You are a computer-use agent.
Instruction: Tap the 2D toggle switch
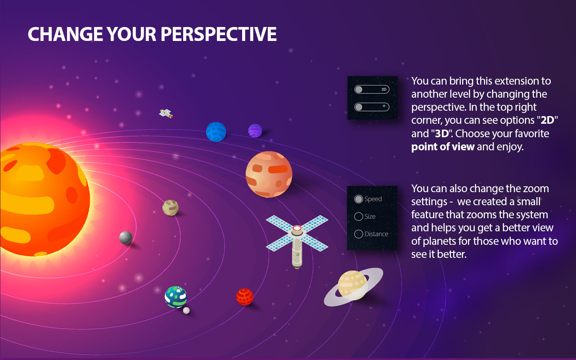(x=371, y=90)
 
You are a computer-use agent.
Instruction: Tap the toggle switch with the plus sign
(x=371, y=107)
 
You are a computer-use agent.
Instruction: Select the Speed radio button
(x=359, y=199)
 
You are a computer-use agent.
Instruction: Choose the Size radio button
(x=359, y=216)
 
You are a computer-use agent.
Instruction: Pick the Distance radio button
(x=359, y=234)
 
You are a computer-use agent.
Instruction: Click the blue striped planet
(x=216, y=131)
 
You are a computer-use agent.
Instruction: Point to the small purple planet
(x=255, y=130)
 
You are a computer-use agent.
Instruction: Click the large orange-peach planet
(x=269, y=174)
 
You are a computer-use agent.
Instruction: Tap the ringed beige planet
(x=353, y=285)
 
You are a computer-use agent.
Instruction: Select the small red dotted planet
(x=244, y=297)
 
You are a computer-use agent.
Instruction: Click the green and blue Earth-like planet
(x=175, y=297)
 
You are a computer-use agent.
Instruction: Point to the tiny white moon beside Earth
(x=186, y=310)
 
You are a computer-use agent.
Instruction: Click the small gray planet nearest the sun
(x=126, y=237)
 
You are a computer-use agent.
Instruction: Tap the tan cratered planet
(x=170, y=207)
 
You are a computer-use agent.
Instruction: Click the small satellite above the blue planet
(x=166, y=113)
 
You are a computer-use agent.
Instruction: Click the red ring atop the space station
(x=297, y=229)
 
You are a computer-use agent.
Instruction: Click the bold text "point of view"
(x=443, y=147)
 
